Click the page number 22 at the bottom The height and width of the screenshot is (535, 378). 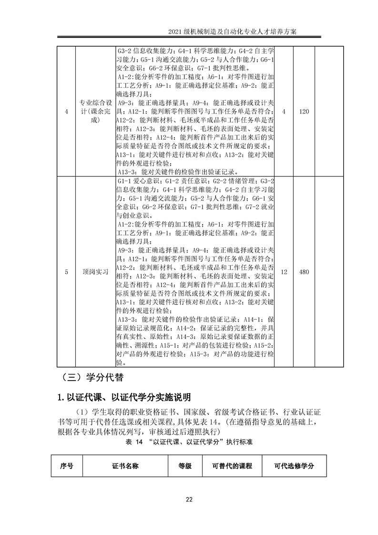click(x=189, y=499)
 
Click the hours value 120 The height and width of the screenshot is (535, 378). click(x=304, y=111)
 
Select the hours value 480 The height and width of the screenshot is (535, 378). click(x=304, y=271)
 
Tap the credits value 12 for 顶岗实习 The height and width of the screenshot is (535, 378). click(x=284, y=271)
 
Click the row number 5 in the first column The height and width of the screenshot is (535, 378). click(x=66, y=271)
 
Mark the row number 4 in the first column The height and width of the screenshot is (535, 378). click(x=66, y=111)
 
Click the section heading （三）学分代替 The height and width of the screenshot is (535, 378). click(x=92, y=378)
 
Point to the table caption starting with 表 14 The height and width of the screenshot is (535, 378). click(x=189, y=442)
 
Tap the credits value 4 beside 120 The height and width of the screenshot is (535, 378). click(x=284, y=111)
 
